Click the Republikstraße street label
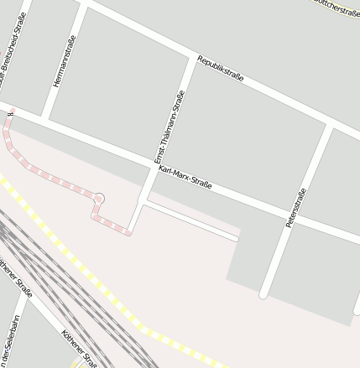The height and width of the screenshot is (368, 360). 221,68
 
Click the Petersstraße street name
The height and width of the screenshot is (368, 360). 295,208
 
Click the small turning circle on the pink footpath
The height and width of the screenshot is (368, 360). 99,199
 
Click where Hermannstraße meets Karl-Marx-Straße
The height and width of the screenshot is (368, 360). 47,118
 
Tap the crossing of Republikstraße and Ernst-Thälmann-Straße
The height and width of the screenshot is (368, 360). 191,61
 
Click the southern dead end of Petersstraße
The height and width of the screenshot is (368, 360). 263,294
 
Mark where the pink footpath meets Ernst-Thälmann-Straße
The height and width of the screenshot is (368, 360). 132,231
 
